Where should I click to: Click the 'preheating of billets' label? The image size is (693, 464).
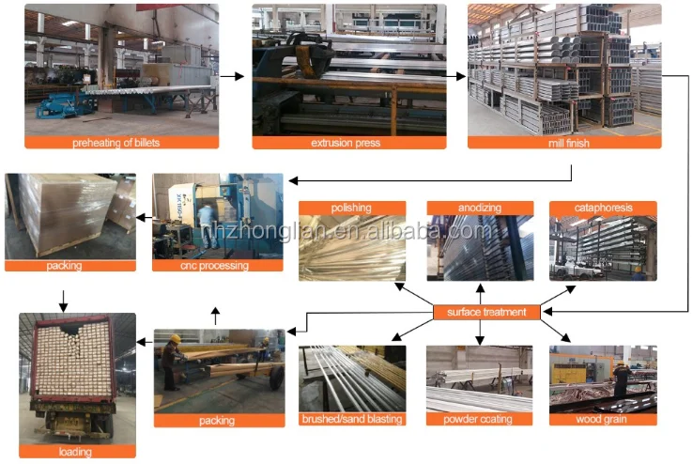coord(121,143)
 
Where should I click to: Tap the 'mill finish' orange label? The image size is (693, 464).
coord(564,143)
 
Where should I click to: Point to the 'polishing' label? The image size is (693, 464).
coord(352,208)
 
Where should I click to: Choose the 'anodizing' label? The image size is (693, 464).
coord(479,208)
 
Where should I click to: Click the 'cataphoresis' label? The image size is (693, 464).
coord(603,208)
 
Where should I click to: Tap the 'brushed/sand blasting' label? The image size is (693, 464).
coord(352,419)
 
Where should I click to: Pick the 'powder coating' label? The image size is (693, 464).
coord(479,419)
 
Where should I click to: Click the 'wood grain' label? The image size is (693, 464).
coord(603,419)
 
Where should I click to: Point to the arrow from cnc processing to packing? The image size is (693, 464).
coord(141,218)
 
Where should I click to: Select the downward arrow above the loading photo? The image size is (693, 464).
coord(63,301)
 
